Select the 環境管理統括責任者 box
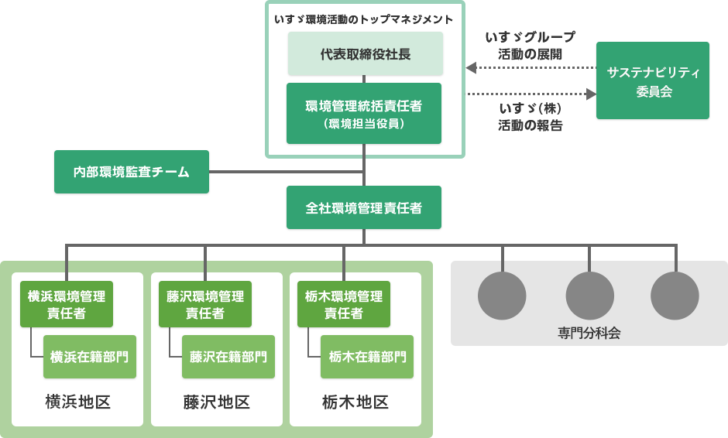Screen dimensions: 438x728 tap(364, 113)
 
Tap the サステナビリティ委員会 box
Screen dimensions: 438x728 tap(653, 80)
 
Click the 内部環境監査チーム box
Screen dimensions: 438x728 tap(132, 172)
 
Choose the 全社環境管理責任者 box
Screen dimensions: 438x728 tap(364, 207)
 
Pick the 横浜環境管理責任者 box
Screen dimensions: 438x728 tap(67, 304)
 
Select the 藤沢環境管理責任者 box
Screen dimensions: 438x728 tap(205, 304)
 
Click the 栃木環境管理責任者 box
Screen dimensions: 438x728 tap(344, 304)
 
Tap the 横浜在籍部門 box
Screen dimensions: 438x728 tap(90, 357)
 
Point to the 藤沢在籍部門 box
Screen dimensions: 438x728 tap(228, 357)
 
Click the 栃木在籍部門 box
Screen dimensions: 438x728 tap(367, 357)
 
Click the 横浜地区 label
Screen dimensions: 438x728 tap(77, 402)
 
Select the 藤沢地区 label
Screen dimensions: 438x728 tap(216, 402)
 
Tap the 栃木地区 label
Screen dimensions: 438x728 tap(355, 402)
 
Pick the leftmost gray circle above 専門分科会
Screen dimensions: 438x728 tap(503, 296)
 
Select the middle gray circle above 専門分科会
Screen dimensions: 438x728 tap(589, 296)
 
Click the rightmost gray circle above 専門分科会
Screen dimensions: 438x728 tap(675, 296)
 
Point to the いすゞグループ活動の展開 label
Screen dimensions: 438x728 tap(531, 46)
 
